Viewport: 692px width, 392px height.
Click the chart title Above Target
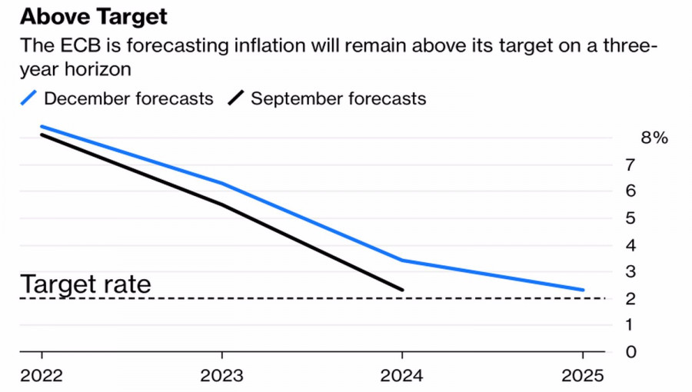(x=94, y=16)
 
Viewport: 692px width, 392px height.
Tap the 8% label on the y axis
(x=654, y=138)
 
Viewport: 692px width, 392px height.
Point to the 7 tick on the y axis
(x=630, y=164)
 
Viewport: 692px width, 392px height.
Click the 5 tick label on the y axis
(x=630, y=218)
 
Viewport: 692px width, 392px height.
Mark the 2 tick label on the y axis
(x=630, y=298)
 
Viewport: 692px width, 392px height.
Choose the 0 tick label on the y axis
(x=630, y=352)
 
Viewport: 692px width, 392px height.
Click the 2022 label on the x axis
(x=41, y=377)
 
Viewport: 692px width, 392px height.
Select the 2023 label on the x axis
(x=221, y=377)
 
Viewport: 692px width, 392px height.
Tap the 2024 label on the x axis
(x=402, y=377)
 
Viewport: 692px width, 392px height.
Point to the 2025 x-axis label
(x=583, y=377)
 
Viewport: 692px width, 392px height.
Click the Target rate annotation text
(x=85, y=284)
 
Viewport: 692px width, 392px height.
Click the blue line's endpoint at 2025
(x=583, y=290)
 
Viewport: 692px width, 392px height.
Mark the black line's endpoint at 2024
(x=402, y=290)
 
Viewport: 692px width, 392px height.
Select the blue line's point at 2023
(x=221, y=183)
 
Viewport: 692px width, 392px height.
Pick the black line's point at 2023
(x=221, y=204)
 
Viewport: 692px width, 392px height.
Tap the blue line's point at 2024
(x=402, y=260)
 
